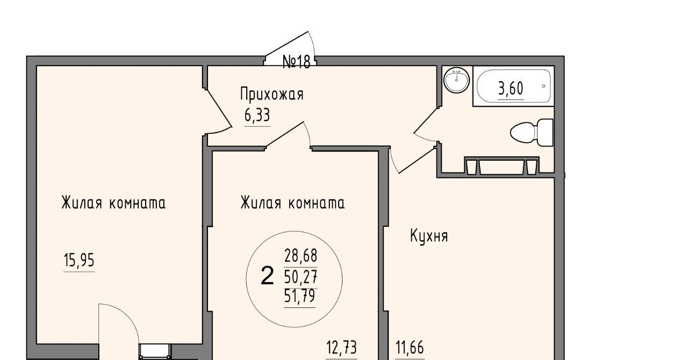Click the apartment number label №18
click(296, 62)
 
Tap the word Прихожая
click(272, 94)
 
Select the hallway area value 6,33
click(257, 116)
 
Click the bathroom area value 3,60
click(511, 89)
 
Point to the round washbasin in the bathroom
click(457, 80)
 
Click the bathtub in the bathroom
click(513, 87)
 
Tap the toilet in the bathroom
click(532, 133)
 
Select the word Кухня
click(429, 236)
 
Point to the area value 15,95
click(79, 261)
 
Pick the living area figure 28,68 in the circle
click(300, 256)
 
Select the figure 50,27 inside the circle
click(300, 277)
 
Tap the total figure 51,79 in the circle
click(300, 297)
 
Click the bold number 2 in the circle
click(267, 276)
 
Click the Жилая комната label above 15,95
click(113, 203)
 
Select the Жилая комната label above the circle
click(292, 203)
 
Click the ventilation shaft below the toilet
click(501, 167)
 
